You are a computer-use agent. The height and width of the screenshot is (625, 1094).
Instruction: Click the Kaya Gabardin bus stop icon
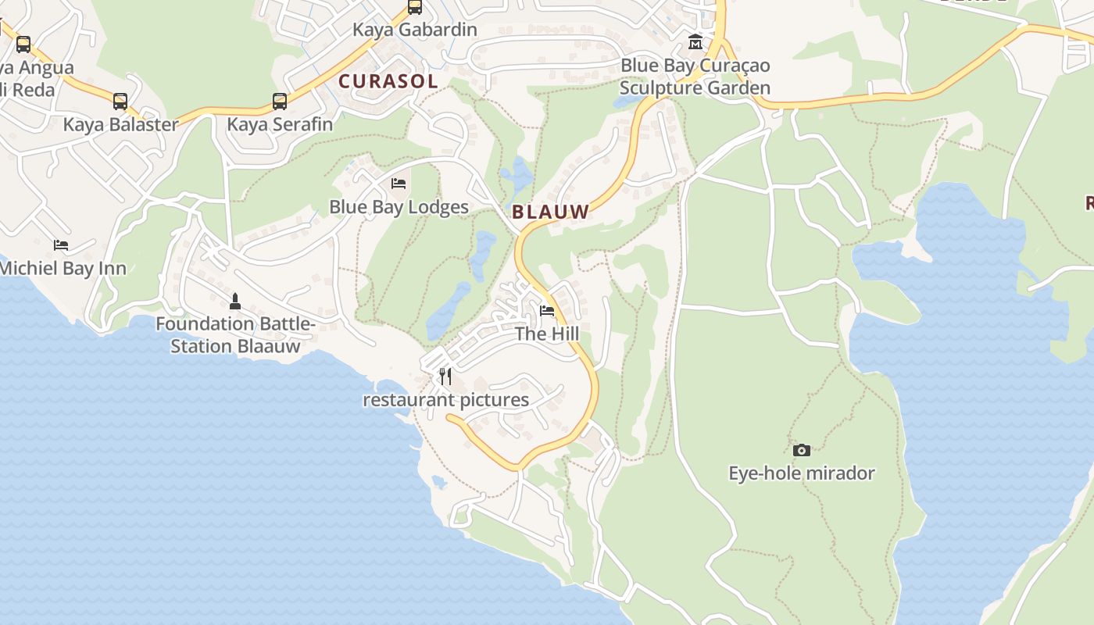[x=415, y=8]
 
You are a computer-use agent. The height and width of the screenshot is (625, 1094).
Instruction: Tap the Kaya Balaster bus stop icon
[x=120, y=102]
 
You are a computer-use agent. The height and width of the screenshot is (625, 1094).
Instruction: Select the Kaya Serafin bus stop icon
[x=280, y=102]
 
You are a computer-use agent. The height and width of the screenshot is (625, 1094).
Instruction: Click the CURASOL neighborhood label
[x=388, y=80]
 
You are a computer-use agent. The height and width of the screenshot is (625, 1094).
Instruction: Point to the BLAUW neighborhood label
[x=550, y=211]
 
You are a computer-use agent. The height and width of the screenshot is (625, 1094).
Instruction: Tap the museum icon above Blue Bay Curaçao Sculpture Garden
[x=695, y=42]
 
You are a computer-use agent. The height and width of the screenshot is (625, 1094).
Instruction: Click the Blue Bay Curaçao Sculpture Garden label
[x=695, y=77]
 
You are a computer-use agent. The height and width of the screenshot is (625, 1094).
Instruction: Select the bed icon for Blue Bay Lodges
[x=399, y=184]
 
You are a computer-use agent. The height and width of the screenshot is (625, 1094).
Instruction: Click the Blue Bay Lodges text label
[x=399, y=207]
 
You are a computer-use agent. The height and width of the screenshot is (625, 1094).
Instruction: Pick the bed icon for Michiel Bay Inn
[x=61, y=245]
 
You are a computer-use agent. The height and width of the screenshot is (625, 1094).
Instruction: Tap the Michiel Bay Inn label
[x=63, y=268]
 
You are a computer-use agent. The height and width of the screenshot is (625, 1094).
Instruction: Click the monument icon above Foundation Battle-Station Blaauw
[x=235, y=302]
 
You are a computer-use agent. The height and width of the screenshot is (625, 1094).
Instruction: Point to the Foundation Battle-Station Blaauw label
[x=235, y=335]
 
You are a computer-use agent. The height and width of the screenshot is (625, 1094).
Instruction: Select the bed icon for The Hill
[x=547, y=311]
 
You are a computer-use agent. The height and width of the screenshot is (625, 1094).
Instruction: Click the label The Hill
[x=547, y=334]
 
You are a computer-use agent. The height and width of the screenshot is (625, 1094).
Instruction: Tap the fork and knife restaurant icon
[x=445, y=377]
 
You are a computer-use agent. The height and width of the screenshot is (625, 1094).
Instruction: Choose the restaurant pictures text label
[x=445, y=400]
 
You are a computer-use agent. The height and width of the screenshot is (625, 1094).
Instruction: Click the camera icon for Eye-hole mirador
[x=802, y=450]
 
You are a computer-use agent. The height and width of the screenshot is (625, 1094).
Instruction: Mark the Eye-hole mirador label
[x=802, y=473]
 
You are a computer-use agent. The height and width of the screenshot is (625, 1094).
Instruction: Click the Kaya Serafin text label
[x=280, y=124]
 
